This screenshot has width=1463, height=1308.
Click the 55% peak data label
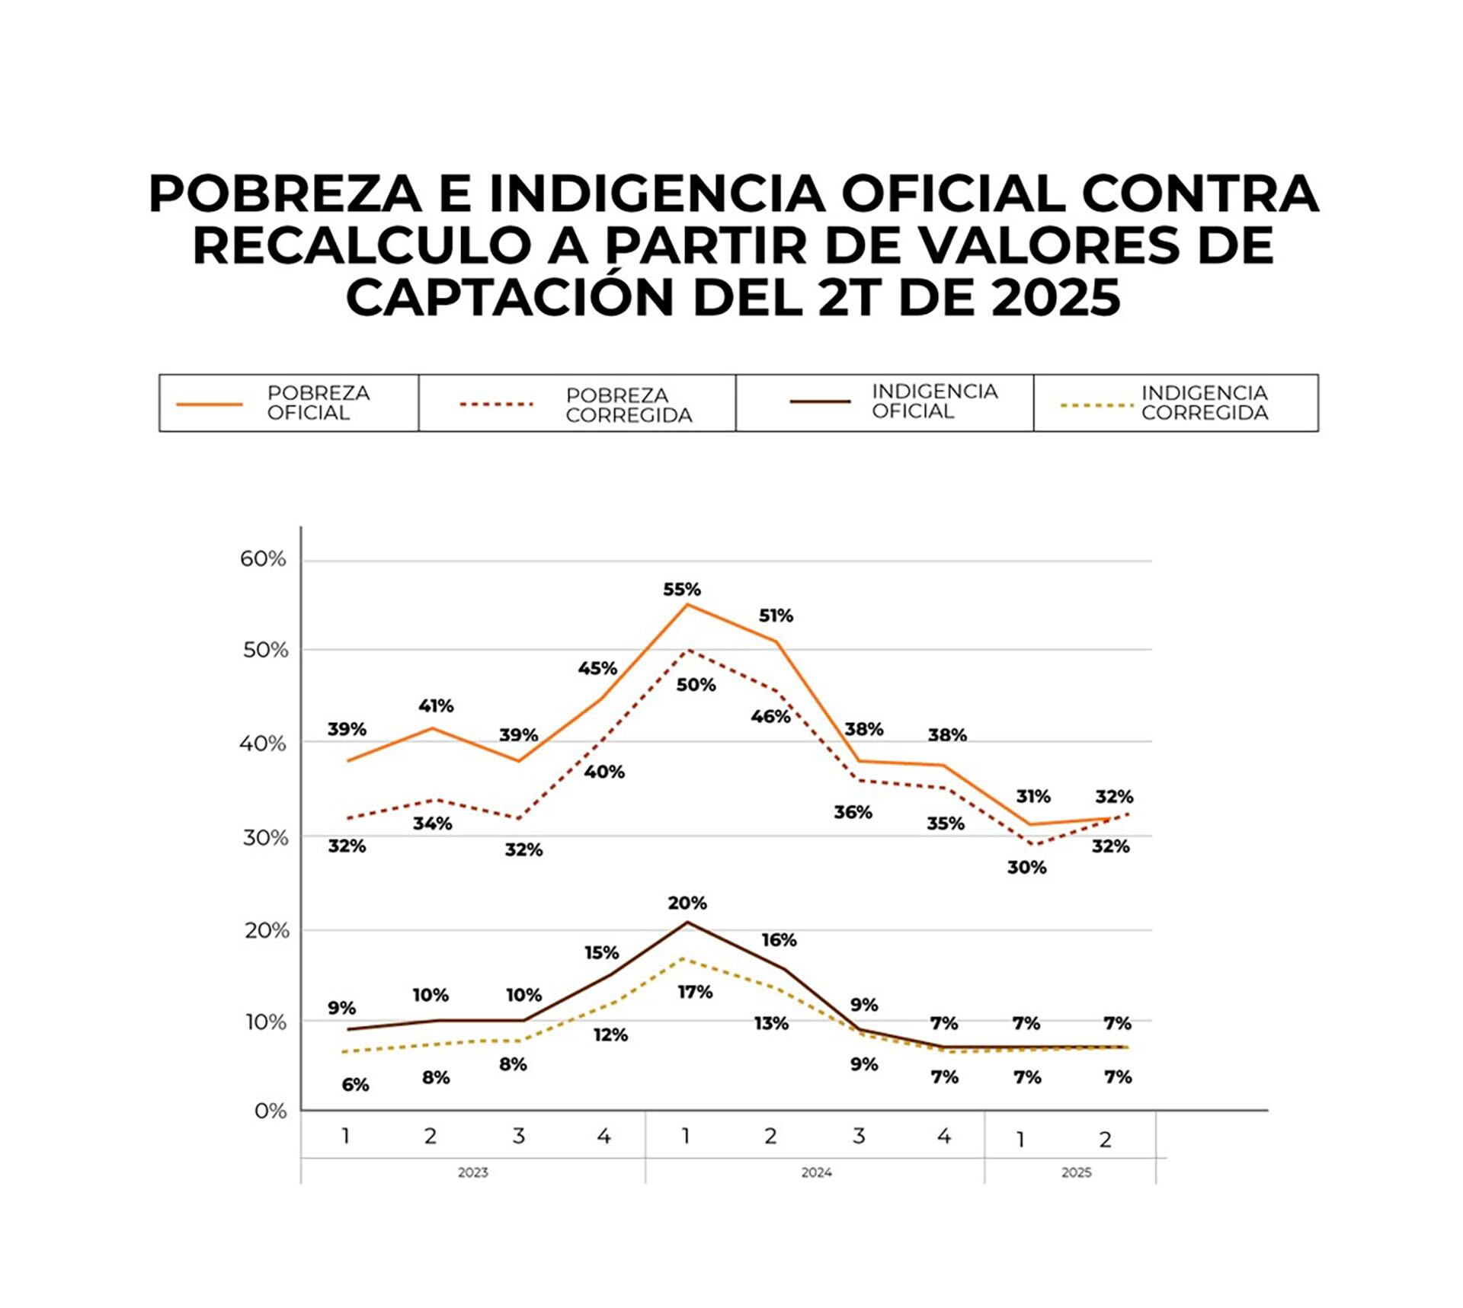click(681, 589)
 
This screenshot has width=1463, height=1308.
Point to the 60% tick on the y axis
click(264, 559)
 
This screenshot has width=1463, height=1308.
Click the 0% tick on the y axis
click(271, 1111)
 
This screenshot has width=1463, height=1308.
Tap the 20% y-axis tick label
click(267, 930)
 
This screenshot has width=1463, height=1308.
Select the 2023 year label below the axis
click(472, 1172)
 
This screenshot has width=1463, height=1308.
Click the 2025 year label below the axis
click(1076, 1172)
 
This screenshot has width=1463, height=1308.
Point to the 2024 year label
click(816, 1172)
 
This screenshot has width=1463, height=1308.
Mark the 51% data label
click(776, 616)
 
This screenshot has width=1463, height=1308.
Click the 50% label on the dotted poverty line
click(696, 685)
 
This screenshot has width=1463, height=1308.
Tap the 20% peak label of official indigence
click(687, 903)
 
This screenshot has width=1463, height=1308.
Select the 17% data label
click(695, 992)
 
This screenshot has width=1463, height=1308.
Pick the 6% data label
click(355, 1085)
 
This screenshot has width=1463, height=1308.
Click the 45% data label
click(597, 668)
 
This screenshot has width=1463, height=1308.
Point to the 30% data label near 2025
click(1026, 867)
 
